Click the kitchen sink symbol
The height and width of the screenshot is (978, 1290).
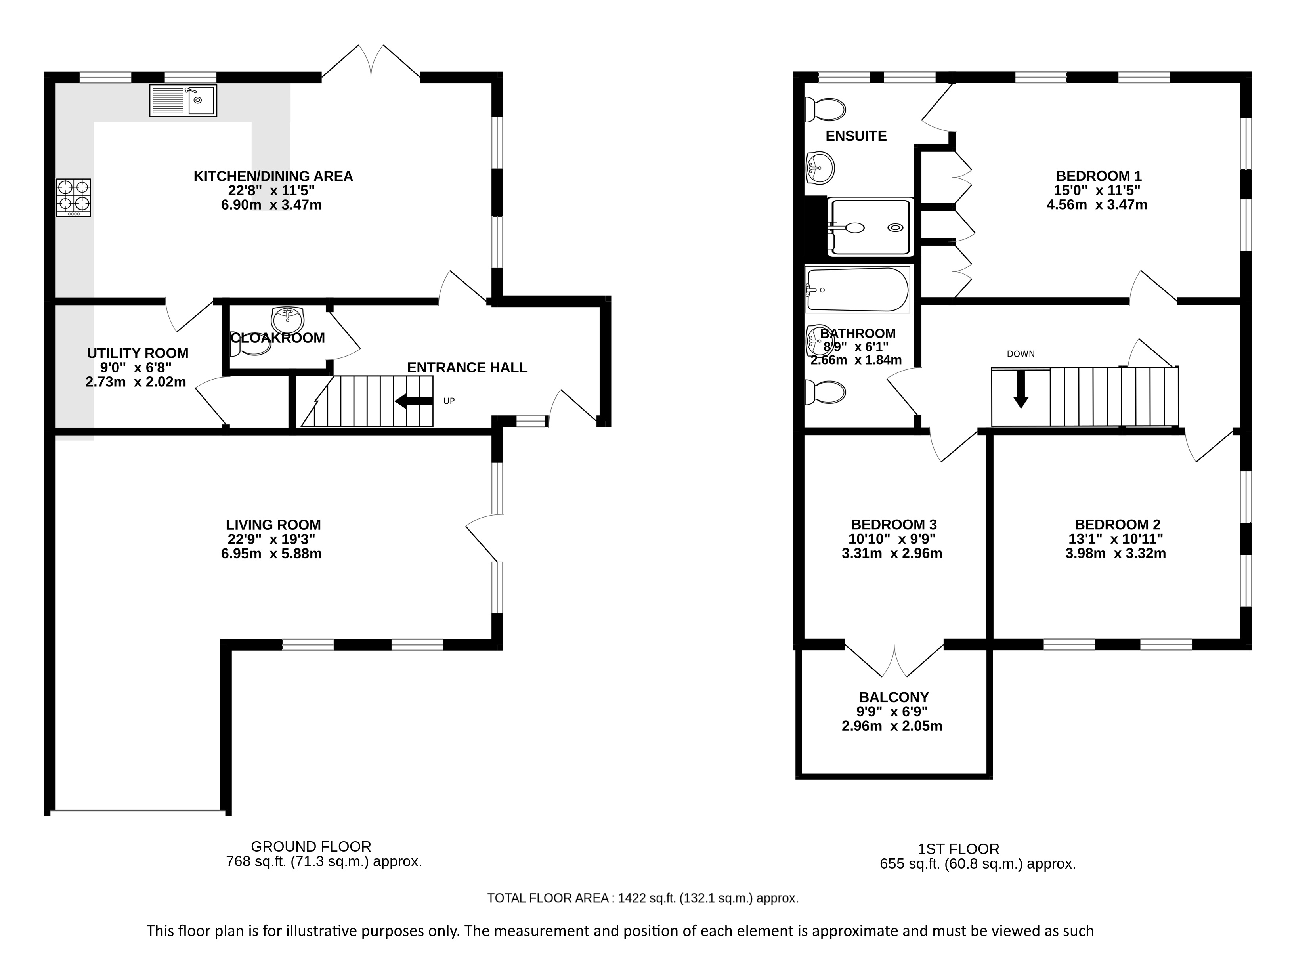point(183,100)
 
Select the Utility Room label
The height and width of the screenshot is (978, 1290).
point(138,353)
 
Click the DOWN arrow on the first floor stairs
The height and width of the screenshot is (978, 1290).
point(1021,388)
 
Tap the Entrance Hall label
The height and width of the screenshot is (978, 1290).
point(467,367)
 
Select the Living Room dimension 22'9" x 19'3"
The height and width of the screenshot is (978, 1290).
point(272,539)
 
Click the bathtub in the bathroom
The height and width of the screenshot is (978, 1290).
point(857,289)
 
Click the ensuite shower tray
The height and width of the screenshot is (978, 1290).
point(870,226)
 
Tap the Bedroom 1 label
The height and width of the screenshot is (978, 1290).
point(1099,176)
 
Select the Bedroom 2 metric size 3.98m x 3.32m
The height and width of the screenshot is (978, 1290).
point(1116,554)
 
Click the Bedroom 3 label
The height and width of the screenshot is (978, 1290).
point(894,524)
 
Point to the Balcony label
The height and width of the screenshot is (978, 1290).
point(894,697)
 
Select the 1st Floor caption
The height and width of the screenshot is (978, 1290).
point(959,848)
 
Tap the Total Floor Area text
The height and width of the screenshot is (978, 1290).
point(643,898)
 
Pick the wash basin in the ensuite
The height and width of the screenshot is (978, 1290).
point(820,168)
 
